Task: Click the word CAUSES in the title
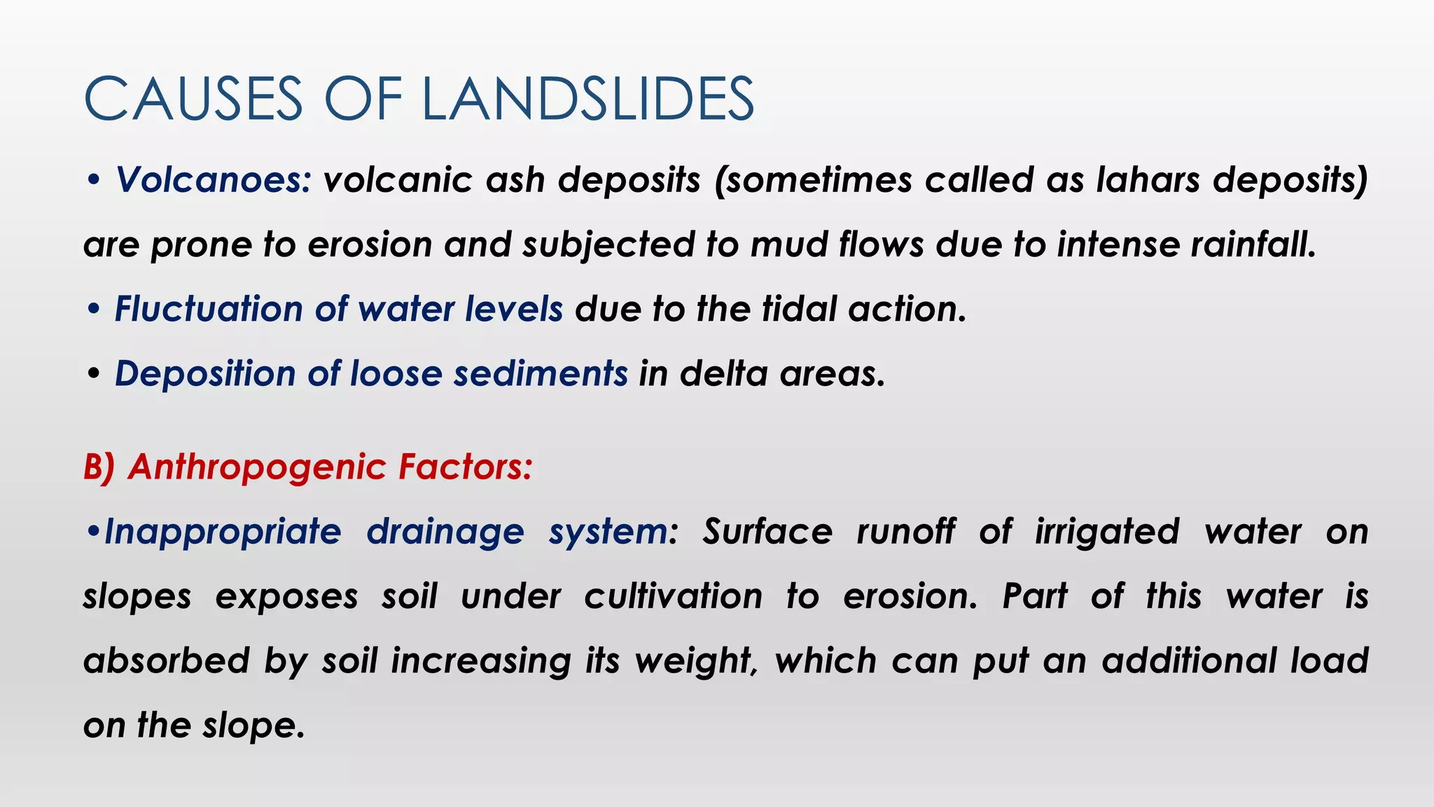(x=193, y=99)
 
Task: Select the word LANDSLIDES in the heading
(x=587, y=99)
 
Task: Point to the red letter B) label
(x=99, y=467)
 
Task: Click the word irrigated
(x=1107, y=532)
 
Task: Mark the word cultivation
(x=673, y=597)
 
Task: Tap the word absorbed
(x=167, y=661)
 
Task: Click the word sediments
(x=541, y=373)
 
